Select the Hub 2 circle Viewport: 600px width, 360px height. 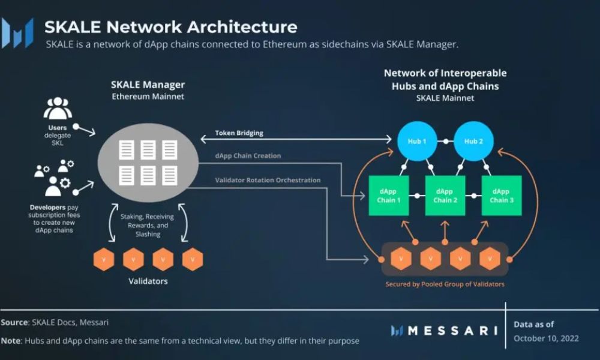pyautogui.click(x=472, y=142)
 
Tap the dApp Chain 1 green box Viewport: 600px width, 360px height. pyautogui.click(x=389, y=196)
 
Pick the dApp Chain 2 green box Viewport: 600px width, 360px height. pyautogui.click(x=445, y=196)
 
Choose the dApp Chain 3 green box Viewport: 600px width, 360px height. pyautogui.click(x=502, y=196)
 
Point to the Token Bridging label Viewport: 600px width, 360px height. pyautogui.click(x=239, y=133)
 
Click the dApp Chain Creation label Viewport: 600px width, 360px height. pyautogui.click(x=248, y=156)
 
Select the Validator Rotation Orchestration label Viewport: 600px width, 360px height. pyautogui.click(x=268, y=180)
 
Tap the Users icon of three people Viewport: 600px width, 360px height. pyautogui.click(x=58, y=109)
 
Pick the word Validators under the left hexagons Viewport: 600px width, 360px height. pyautogui.click(x=148, y=281)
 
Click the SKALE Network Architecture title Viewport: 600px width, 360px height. pyautogui.click(x=171, y=27)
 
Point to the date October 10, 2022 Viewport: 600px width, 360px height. pyautogui.click(x=546, y=338)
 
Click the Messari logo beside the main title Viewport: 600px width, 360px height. pyautogui.click(x=17, y=33)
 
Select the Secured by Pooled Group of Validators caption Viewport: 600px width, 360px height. pyautogui.click(x=445, y=284)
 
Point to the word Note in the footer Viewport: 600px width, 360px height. pyautogui.click(x=11, y=341)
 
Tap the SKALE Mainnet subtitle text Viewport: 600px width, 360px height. pyautogui.click(x=445, y=98)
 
